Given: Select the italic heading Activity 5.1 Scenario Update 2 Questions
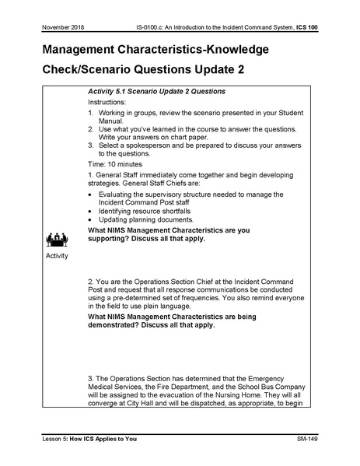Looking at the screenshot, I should (156, 91).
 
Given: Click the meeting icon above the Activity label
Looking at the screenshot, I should (58, 239).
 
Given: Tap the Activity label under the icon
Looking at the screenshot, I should (58, 256).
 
